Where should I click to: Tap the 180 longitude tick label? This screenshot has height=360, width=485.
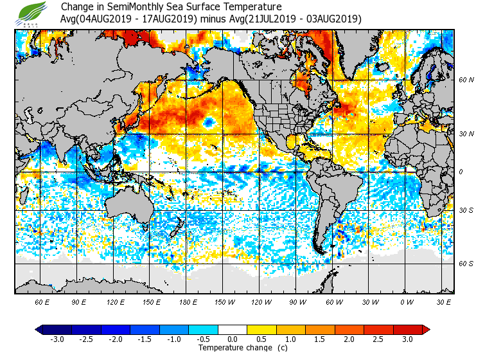(188, 301)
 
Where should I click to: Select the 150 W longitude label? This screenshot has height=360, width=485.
(225, 301)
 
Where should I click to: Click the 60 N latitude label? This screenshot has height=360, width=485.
(466, 80)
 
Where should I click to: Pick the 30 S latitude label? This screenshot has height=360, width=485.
(466, 210)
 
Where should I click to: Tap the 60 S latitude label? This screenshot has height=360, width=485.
(466, 264)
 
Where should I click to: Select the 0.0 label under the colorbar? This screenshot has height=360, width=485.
(232, 339)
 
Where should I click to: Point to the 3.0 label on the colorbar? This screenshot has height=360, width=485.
(407, 339)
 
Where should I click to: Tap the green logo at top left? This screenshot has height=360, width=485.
(32, 13)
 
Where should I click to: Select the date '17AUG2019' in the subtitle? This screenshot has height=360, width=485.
(173, 19)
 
